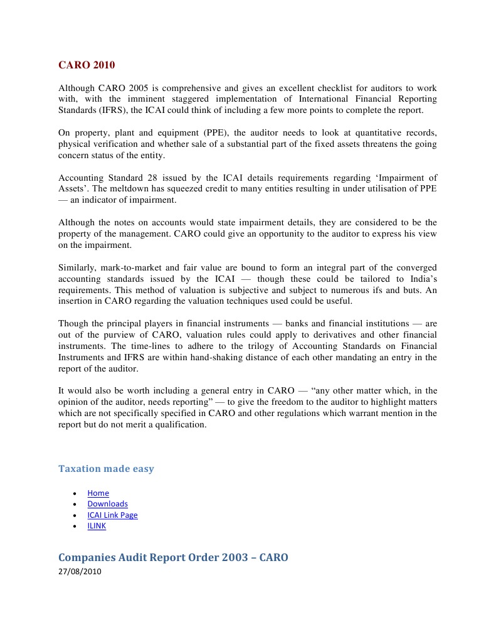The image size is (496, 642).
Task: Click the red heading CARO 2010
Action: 87,65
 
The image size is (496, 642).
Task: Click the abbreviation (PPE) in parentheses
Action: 187,133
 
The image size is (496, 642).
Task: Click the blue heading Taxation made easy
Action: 106,469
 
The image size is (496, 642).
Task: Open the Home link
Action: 98,493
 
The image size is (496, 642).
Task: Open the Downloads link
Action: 107,504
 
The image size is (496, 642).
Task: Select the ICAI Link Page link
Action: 112,515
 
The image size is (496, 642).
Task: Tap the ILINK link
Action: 97,526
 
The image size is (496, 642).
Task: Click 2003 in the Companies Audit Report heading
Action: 235,557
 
